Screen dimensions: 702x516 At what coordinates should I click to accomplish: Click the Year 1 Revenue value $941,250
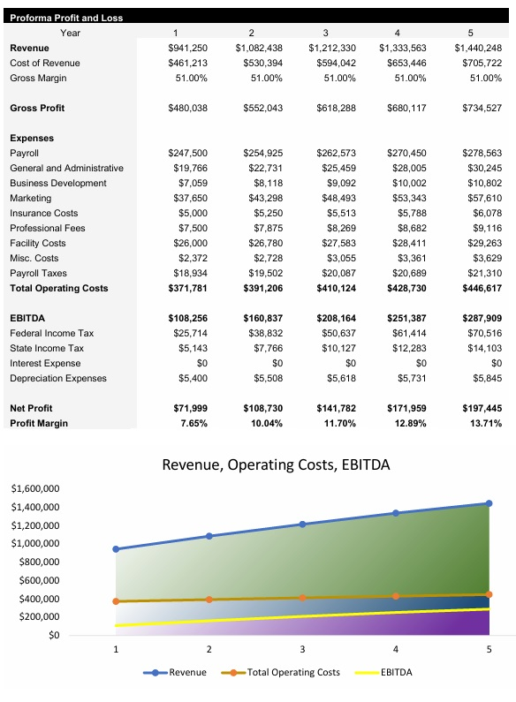point(188,48)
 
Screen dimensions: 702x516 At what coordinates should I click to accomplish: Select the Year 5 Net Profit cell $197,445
point(482,408)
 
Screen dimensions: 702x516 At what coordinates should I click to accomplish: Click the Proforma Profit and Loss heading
point(66,18)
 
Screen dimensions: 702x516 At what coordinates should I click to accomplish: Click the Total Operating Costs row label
point(58,288)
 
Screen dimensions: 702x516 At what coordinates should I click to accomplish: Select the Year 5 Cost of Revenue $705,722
point(482,63)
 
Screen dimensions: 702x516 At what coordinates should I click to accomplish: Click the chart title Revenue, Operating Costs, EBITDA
point(276,464)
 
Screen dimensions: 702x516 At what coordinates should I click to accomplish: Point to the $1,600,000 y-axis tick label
point(35,488)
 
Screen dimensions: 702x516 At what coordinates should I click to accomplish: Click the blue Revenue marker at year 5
point(489,503)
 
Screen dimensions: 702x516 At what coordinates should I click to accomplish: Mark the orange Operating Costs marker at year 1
point(116,601)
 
